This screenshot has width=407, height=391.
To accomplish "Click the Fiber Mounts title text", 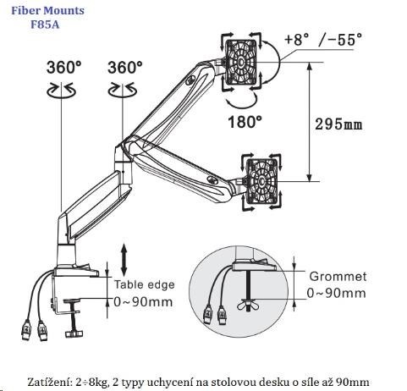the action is click(47, 11).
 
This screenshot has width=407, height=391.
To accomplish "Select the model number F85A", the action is click(45, 25).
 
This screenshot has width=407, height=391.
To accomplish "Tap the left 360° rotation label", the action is click(63, 68).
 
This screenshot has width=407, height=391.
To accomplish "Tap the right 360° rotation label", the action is click(125, 68).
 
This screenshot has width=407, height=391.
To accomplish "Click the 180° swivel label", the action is click(245, 122).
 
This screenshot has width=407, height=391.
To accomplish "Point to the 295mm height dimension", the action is click(338, 124).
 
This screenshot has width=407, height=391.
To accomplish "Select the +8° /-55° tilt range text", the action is click(323, 40).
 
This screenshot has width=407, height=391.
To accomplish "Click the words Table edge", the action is click(144, 284).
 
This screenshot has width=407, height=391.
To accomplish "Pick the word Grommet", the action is click(338, 277).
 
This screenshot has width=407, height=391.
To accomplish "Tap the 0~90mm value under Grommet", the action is click(336, 293).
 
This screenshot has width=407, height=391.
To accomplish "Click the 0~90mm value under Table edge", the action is click(143, 302).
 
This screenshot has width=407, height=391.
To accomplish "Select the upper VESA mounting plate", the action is click(241, 62).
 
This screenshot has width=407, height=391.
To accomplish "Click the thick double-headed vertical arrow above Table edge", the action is click(124, 260).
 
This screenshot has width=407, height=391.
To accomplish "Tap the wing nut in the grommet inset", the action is click(249, 305).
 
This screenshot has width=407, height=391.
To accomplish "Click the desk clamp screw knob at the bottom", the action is click(74, 334).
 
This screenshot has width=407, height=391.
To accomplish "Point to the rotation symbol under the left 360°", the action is click(62, 91).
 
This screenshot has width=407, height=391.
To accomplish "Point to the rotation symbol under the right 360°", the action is click(123, 91).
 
